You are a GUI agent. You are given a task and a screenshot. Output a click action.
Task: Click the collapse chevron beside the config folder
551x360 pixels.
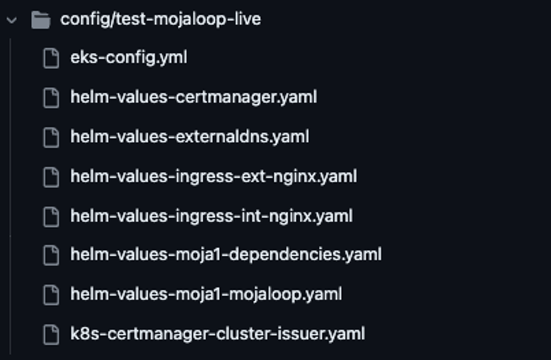(x=11, y=20)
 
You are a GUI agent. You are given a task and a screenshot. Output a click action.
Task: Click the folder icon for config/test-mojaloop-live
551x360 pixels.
(x=41, y=20)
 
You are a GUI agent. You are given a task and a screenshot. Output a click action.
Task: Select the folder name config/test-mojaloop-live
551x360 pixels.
(x=160, y=20)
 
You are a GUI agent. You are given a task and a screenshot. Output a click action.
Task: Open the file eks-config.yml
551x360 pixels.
(x=128, y=58)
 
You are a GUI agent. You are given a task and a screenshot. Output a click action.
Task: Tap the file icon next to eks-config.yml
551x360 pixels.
(x=51, y=58)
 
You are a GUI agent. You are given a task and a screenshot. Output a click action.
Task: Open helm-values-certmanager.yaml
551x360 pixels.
(x=193, y=97)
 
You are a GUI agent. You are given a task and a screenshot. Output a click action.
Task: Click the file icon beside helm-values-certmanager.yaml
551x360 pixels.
(x=51, y=97)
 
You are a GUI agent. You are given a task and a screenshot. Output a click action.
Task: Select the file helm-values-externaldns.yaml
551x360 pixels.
(x=189, y=137)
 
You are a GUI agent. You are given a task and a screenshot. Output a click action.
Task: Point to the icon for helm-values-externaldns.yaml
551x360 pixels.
(x=51, y=137)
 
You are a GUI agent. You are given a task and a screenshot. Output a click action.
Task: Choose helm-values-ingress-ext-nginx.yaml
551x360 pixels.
(x=213, y=176)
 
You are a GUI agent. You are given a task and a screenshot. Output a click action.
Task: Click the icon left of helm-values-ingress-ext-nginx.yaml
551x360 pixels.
(x=51, y=176)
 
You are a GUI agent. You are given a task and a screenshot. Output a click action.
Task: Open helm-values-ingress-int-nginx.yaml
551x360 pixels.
(x=211, y=215)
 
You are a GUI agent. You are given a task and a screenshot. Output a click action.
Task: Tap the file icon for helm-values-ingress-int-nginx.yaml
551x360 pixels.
(x=51, y=215)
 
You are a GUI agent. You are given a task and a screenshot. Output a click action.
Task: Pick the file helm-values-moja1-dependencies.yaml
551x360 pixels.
(x=226, y=254)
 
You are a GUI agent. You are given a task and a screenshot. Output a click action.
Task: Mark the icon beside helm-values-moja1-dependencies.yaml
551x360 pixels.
(x=51, y=254)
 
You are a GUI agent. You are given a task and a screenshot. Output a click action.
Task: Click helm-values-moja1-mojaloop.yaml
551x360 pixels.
(x=206, y=293)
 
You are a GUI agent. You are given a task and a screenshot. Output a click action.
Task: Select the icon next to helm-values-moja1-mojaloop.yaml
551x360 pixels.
(x=51, y=293)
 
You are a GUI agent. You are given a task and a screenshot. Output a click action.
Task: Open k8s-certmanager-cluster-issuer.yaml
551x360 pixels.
(x=217, y=333)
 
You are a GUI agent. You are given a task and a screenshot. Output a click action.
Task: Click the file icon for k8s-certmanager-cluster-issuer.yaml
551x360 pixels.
(x=51, y=333)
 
